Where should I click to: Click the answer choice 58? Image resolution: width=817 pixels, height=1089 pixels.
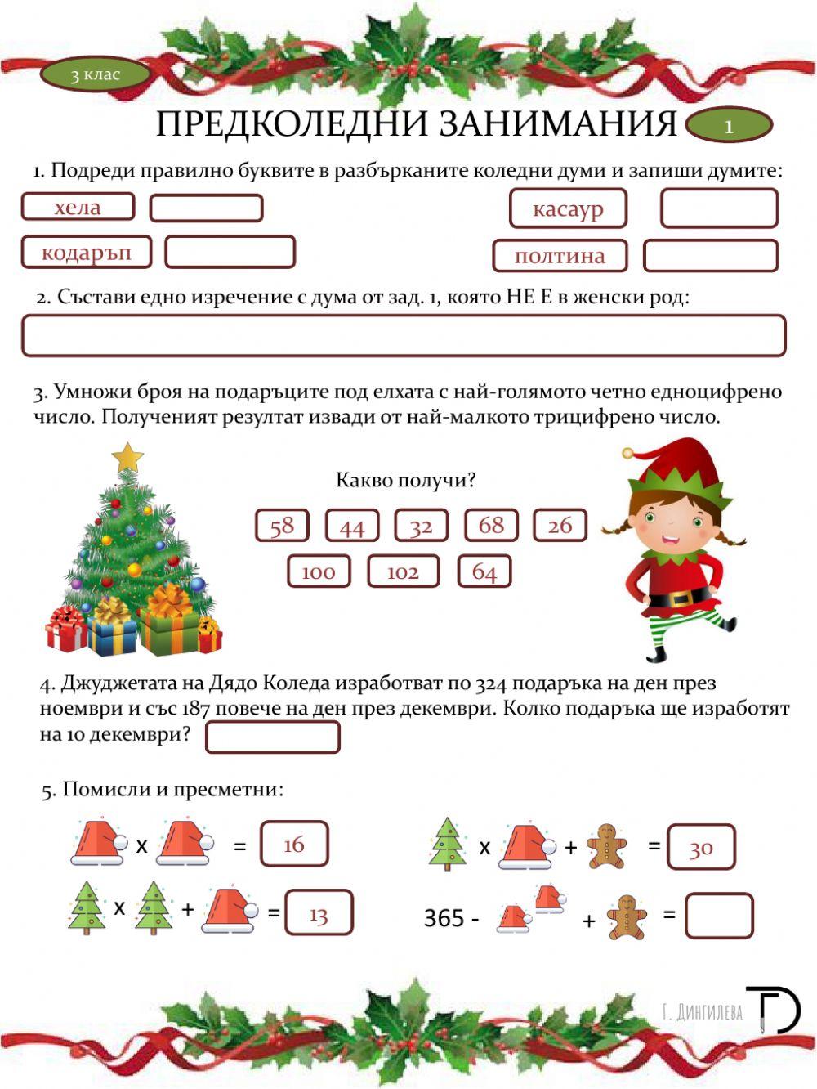pos(282,525)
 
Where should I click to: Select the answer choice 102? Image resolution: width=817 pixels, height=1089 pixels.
pos(403,571)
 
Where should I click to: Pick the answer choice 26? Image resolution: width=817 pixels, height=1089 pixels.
pos(560,525)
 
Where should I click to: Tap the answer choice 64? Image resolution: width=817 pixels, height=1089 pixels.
pos(484,571)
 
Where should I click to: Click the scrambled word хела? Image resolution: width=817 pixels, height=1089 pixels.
pos(78,207)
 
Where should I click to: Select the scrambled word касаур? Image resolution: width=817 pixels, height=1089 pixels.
pos(568,208)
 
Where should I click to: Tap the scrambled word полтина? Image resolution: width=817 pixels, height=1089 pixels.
pos(560,256)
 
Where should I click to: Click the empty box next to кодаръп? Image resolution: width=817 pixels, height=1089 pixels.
pos(230,252)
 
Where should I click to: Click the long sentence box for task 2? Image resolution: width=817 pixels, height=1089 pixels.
pos(404,336)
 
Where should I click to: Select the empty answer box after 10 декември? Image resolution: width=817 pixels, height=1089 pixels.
pos(272,737)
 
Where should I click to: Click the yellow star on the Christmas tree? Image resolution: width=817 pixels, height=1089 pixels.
pos(127,457)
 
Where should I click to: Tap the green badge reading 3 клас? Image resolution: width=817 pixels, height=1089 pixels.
pos(96,75)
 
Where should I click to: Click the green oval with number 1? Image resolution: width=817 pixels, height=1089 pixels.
pos(729,126)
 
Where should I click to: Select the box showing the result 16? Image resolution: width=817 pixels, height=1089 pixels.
pos(294,845)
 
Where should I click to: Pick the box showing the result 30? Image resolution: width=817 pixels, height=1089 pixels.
pos(701,847)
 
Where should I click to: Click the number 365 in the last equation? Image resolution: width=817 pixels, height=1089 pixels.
pos(444,918)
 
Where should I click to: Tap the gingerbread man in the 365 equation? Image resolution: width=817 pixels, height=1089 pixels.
pos(627,916)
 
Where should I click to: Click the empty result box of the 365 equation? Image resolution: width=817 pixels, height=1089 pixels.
pos(719,916)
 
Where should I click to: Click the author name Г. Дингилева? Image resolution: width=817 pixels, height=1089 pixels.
pos(703,1012)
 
